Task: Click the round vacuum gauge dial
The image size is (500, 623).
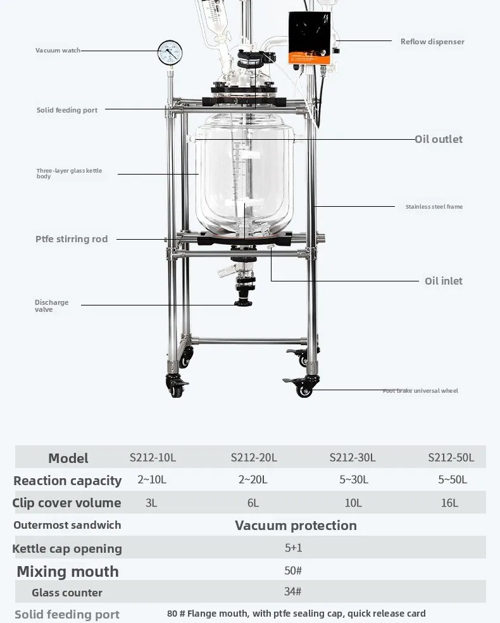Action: point(170,53)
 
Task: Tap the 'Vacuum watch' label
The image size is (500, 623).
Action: point(58,51)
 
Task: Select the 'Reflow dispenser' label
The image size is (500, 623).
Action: point(432,42)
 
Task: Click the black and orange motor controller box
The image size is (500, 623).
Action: point(310,38)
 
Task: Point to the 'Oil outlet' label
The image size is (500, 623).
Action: point(439,139)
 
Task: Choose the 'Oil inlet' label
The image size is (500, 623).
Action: point(444,281)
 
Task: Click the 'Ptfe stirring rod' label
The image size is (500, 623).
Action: point(72,239)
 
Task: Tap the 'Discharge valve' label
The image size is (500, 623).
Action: point(51,306)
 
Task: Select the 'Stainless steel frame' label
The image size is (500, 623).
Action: point(434,207)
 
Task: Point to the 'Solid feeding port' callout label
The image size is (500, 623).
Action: point(67,110)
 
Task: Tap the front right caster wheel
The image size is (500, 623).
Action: point(304,388)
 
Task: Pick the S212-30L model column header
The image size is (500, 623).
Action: point(353,458)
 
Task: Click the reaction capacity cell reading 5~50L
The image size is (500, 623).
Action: point(453,480)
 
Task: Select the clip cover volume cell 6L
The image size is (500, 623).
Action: point(253,503)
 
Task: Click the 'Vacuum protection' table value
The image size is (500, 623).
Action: point(296,526)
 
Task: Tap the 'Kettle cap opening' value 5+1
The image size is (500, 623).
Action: point(293,548)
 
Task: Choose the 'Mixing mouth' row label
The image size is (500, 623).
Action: point(68,572)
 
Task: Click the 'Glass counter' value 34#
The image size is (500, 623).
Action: point(293,592)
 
